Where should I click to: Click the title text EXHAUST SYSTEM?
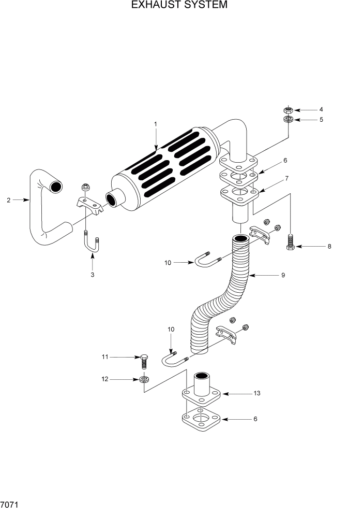click(x=179, y=5)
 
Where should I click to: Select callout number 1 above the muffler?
click(x=156, y=124)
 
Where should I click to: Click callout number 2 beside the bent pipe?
click(x=8, y=200)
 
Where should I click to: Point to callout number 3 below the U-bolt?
click(x=92, y=275)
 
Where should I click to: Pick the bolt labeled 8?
click(x=290, y=242)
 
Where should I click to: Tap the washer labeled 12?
click(x=145, y=380)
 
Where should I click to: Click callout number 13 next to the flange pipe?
click(x=257, y=393)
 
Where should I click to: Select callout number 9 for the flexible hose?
click(x=283, y=275)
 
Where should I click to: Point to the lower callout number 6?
click(x=254, y=418)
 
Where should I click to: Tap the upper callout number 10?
click(x=168, y=263)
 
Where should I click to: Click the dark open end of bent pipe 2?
click(x=55, y=185)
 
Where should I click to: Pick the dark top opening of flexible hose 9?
click(x=240, y=238)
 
